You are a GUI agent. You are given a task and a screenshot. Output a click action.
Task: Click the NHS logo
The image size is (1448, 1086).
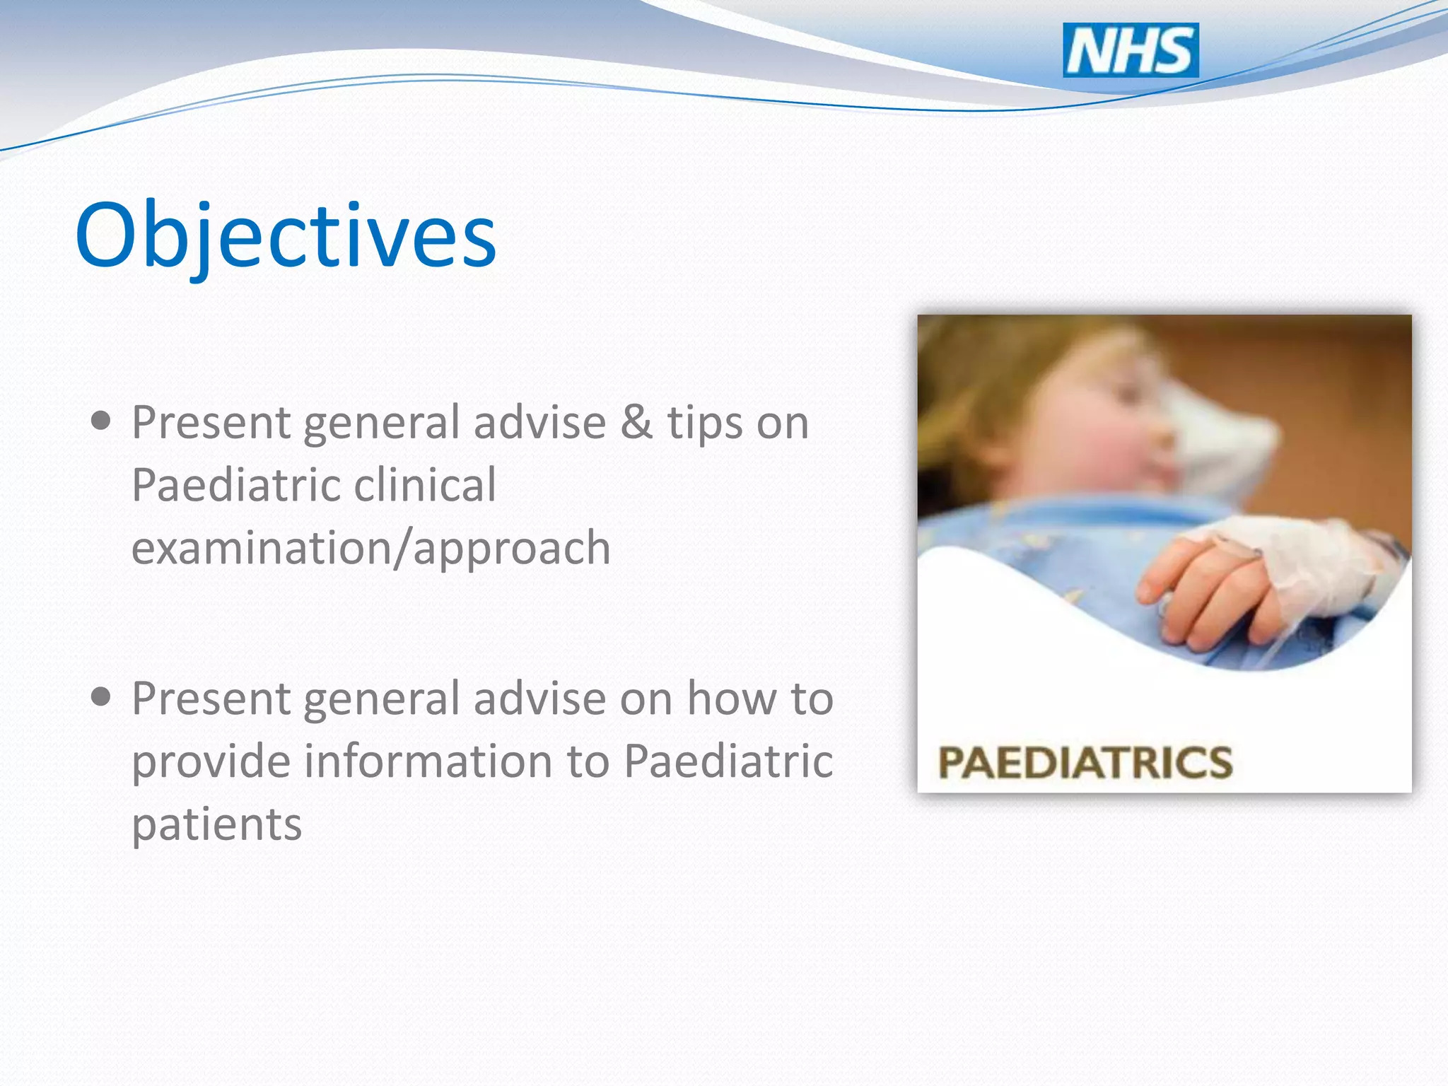[1131, 50]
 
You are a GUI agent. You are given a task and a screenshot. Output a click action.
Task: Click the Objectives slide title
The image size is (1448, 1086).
[286, 236]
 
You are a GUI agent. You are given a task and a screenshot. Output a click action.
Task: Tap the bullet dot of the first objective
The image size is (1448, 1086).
[101, 421]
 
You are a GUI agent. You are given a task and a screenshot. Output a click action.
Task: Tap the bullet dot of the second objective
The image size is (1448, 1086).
[101, 697]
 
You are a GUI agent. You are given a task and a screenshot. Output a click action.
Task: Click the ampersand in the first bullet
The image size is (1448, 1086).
[636, 422]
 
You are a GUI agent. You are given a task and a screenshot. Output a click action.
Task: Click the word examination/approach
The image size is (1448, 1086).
[371, 549]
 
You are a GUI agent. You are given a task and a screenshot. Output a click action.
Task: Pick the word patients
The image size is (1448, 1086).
[217, 825]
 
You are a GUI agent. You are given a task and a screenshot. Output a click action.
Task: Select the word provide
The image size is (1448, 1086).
[211, 762]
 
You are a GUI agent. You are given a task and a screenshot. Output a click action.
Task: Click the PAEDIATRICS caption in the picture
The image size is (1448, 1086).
[1085, 762]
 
